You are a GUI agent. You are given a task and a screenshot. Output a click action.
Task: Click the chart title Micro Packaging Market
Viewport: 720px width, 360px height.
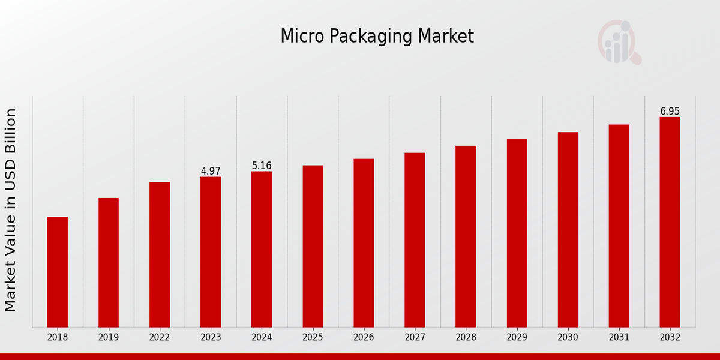[377, 37]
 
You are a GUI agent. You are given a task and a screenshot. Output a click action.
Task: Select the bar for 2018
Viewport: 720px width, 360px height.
[58, 272]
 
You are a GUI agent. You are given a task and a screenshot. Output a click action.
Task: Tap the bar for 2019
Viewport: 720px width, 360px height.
[109, 262]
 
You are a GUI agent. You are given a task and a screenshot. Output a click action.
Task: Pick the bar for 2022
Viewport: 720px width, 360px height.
[160, 254]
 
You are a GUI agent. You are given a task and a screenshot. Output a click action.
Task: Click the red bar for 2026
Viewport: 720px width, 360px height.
[364, 243]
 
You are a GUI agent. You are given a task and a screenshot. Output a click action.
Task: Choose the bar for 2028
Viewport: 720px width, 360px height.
[466, 236]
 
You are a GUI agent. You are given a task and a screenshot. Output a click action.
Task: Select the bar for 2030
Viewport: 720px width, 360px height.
[568, 229]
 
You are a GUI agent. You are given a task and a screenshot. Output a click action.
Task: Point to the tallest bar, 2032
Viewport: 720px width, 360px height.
[670, 222]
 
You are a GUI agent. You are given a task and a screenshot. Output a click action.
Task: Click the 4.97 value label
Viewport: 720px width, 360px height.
[211, 171]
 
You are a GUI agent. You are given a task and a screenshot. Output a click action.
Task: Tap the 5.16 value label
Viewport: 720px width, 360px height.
[262, 166]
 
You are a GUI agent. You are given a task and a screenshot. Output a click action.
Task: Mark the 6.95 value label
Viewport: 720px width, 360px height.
[670, 111]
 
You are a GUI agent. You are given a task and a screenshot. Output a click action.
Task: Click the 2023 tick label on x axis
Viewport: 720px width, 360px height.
[211, 337]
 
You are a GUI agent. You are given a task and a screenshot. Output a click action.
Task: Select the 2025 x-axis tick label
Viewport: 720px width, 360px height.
[313, 337]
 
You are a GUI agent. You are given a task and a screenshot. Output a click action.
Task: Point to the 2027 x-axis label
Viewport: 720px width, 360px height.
[415, 337]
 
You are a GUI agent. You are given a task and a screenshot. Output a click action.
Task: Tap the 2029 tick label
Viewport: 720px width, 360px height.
[517, 337]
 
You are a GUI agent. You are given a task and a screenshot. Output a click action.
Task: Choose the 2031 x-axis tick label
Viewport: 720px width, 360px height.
[619, 337]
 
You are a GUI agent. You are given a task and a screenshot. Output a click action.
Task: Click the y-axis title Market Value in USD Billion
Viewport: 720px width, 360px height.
[11, 210]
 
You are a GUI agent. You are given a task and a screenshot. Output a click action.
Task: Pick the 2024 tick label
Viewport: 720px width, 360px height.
[262, 337]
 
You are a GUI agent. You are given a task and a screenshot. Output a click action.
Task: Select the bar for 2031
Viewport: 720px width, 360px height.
[619, 226]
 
